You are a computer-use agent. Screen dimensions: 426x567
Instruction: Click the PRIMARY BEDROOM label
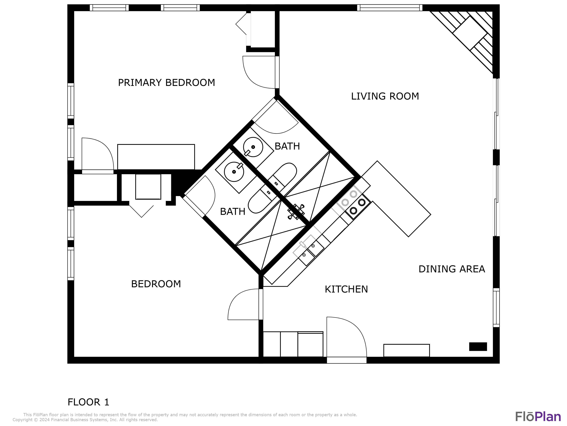pyautogui.click(x=166, y=83)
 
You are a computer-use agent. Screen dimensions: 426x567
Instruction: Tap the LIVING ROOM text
pyautogui.click(x=385, y=96)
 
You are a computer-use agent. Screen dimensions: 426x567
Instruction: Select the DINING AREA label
pyautogui.click(x=452, y=269)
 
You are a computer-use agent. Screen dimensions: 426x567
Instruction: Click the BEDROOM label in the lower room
pyautogui.click(x=156, y=284)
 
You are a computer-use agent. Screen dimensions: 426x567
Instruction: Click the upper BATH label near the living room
pyautogui.click(x=287, y=146)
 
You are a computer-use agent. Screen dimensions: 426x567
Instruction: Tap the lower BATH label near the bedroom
pyautogui.click(x=232, y=212)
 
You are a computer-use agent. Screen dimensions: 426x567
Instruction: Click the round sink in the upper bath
pyautogui.click(x=253, y=147)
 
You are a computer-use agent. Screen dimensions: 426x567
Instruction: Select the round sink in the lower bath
pyautogui.click(x=234, y=172)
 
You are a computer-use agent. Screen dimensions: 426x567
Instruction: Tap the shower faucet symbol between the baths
pyautogui.click(x=296, y=212)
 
